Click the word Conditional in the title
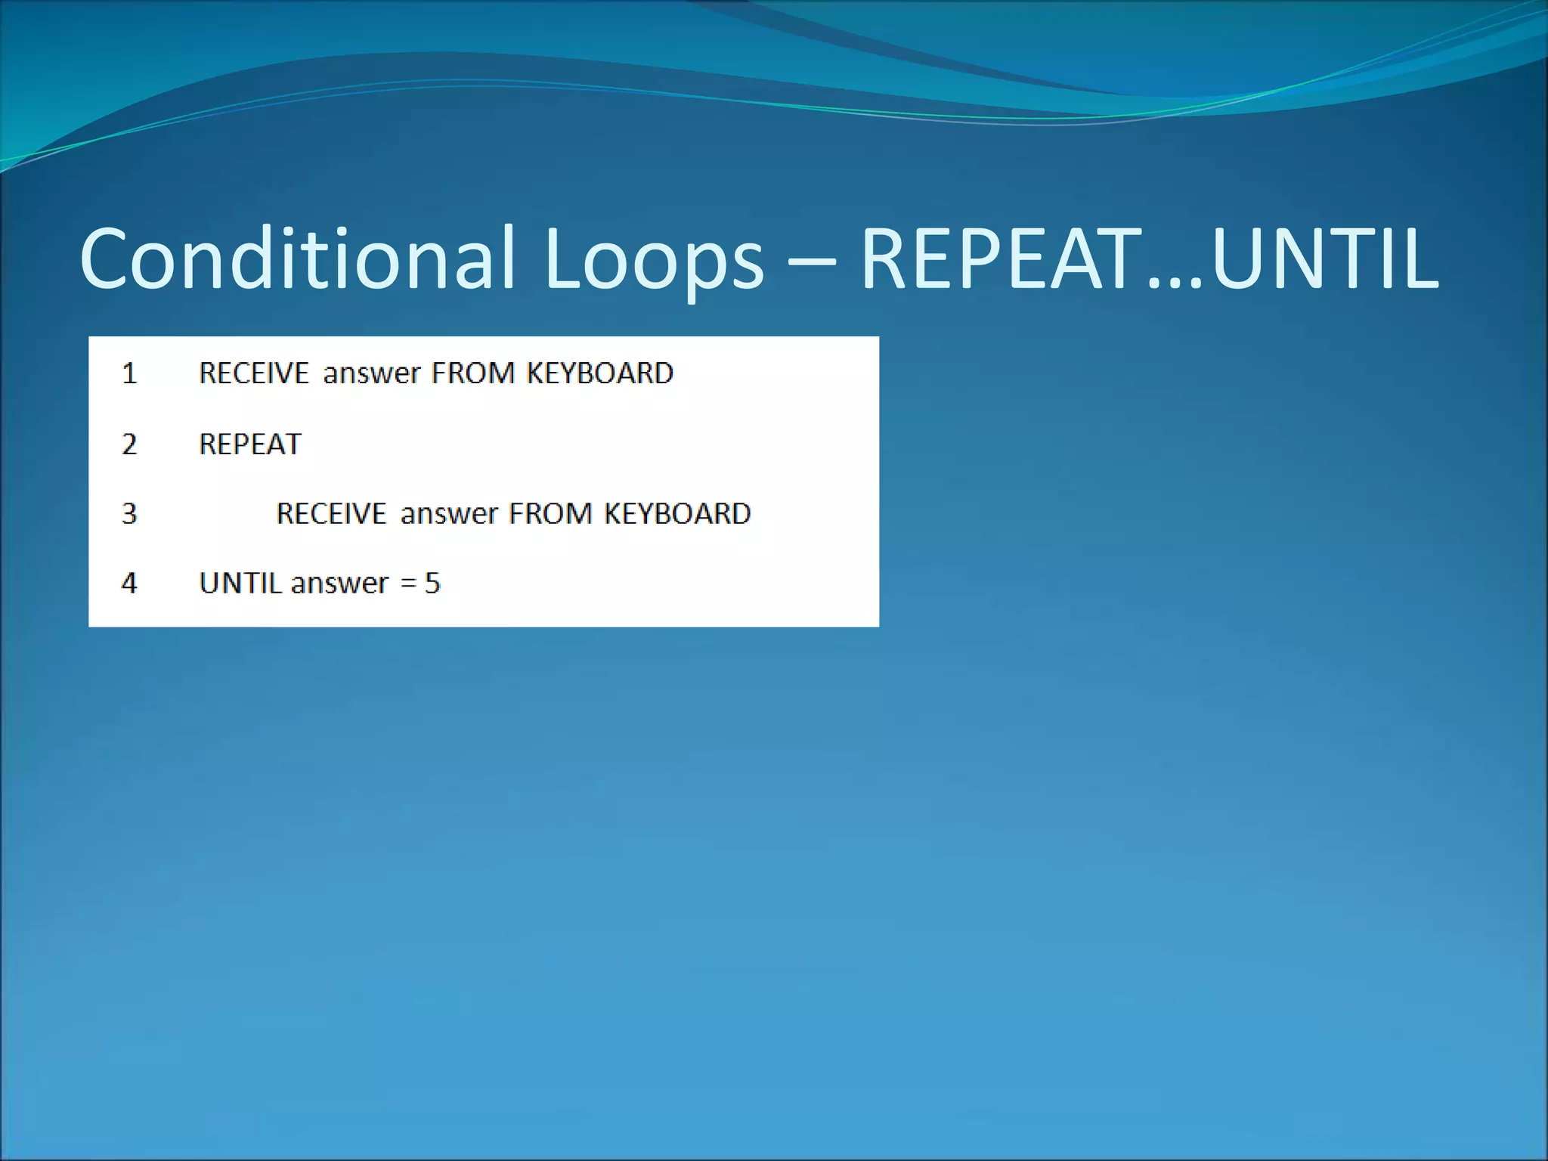tap(298, 259)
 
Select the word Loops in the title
tap(653, 260)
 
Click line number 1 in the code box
tap(129, 373)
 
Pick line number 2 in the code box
tap(129, 444)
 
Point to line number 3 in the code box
tap(129, 514)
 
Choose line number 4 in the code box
tap(129, 583)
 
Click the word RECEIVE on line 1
tap(254, 373)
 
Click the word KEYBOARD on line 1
tap(599, 373)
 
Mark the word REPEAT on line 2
tap(250, 444)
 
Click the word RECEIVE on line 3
tap(331, 514)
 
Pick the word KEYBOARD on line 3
tap(677, 514)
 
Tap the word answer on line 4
tap(339, 584)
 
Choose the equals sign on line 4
tap(408, 584)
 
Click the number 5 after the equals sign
tap(432, 583)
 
